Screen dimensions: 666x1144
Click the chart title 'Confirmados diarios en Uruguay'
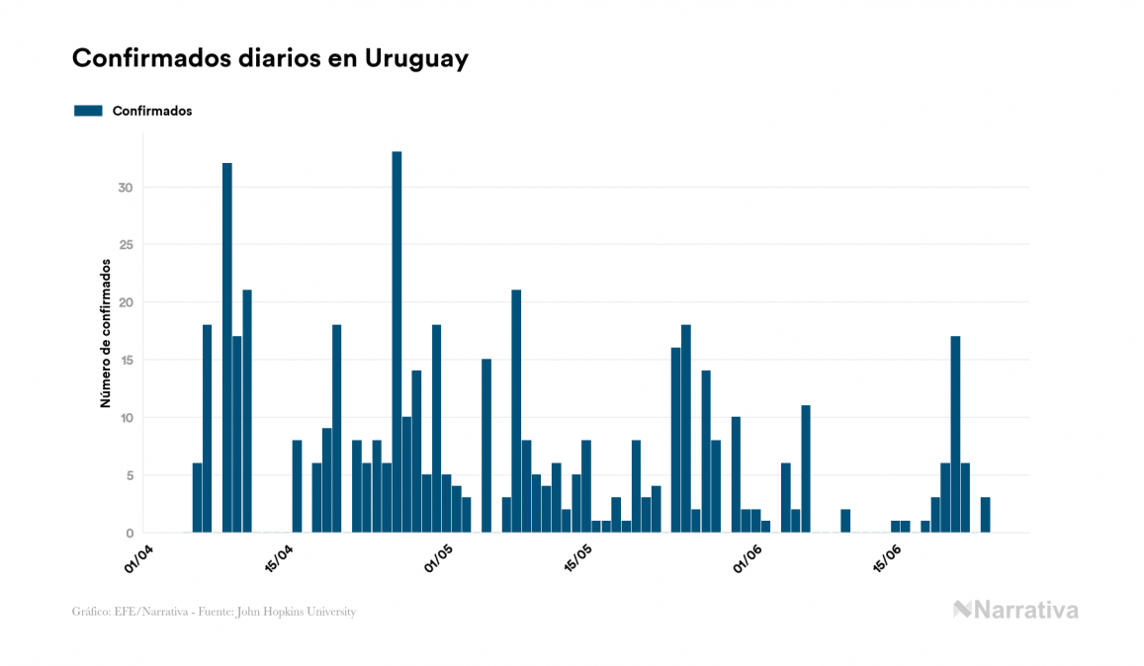click(x=270, y=58)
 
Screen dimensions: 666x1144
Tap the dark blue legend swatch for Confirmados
click(x=88, y=111)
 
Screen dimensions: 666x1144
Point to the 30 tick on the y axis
click(x=126, y=188)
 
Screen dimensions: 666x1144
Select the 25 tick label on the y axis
click(x=126, y=245)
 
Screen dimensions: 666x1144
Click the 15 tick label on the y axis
click(x=126, y=361)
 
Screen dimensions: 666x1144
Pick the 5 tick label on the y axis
click(x=129, y=475)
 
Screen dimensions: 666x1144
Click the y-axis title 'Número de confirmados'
click(x=105, y=334)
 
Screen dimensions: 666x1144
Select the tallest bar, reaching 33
click(x=396, y=342)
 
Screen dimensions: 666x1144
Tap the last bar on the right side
click(x=985, y=515)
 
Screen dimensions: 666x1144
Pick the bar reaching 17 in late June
click(x=955, y=434)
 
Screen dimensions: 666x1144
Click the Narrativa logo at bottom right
click(x=1015, y=610)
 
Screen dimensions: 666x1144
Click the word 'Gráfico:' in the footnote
click(x=91, y=612)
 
